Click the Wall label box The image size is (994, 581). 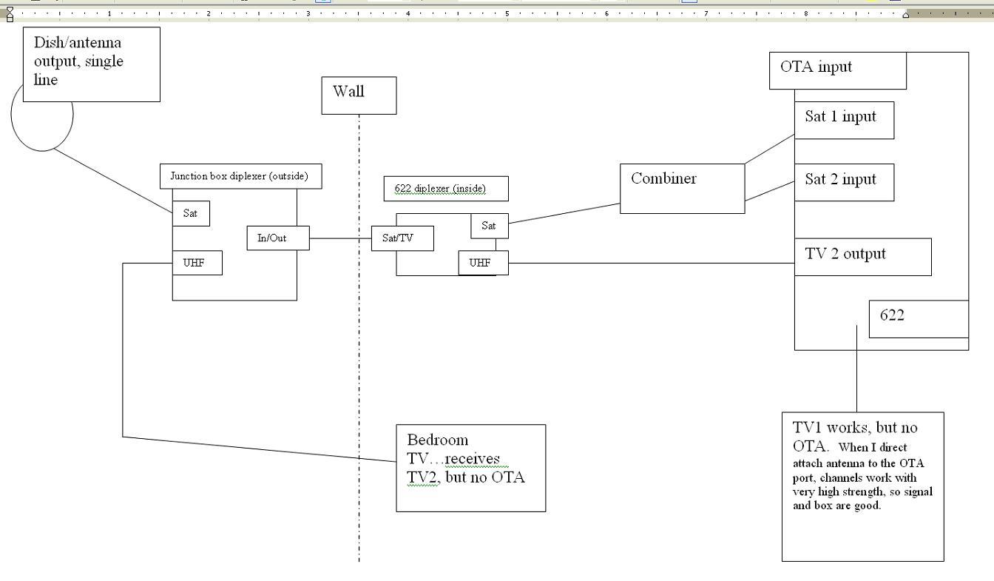tap(359, 95)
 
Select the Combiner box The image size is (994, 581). tap(682, 189)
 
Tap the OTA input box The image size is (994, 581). tap(838, 70)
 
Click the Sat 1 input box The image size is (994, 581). tap(844, 121)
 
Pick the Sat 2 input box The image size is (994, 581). tap(844, 183)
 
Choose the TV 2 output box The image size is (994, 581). tap(862, 257)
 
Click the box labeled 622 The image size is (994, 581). tap(919, 319)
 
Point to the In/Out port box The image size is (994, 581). tap(278, 238)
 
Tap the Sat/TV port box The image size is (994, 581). tap(402, 238)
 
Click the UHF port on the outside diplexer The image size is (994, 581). tap(197, 263)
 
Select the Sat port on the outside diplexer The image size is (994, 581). tap(191, 213)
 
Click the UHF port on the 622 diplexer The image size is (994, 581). tap(483, 263)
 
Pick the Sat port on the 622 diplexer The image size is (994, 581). tap(490, 226)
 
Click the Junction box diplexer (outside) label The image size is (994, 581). tap(241, 176)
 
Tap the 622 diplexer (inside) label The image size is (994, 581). tap(446, 189)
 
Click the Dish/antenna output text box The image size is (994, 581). tap(92, 64)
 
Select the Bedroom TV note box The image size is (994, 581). tap(471, 469)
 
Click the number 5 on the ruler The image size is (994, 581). tap(507, 14)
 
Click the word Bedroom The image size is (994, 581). tap(438, 440)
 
